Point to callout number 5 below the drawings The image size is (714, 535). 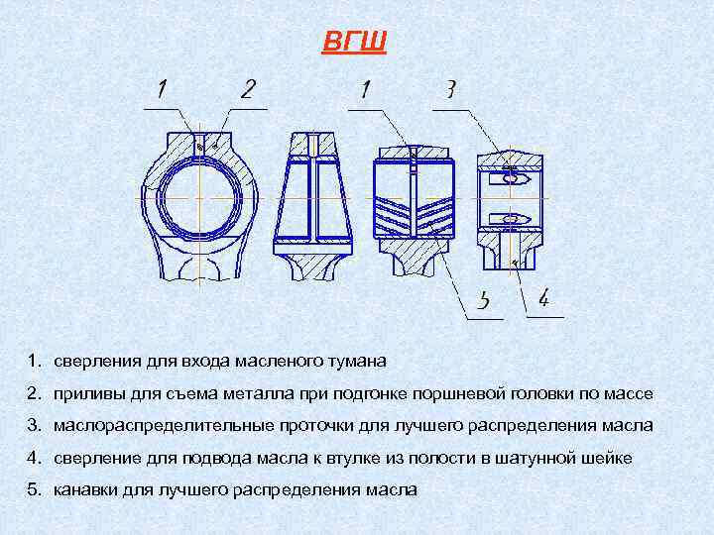tap(484, 300)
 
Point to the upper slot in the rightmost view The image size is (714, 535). tap(512, 179)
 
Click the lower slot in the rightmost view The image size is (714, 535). tap(512, 218)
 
